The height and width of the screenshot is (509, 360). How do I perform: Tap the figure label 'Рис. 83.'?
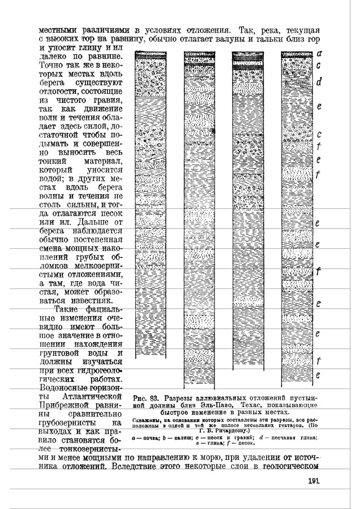tap(145, 396)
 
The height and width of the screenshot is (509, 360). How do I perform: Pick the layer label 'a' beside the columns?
tap(320, 54)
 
